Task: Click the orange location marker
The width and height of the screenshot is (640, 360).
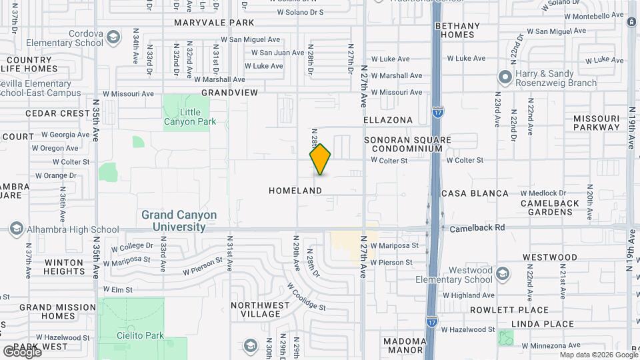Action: (321, 159)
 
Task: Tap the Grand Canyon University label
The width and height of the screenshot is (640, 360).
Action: (179, 221)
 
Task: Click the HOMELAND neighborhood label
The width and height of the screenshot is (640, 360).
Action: (295, 191)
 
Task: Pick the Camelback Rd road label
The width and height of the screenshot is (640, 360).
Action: (477, 227)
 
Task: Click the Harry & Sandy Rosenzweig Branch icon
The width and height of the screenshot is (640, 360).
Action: (505, 78)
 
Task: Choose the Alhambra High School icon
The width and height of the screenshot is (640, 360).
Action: (15, 229)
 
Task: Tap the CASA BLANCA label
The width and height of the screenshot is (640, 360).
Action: (475, 193)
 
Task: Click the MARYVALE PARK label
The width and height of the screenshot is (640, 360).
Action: (215, 23)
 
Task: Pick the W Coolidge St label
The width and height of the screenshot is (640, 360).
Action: (306, 297)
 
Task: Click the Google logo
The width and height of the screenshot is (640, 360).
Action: (21, 351)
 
